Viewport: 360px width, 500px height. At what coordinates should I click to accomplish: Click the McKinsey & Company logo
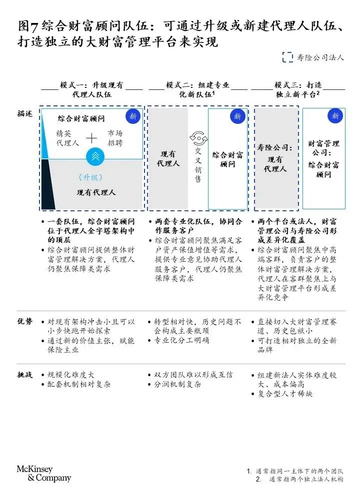coord(44,474)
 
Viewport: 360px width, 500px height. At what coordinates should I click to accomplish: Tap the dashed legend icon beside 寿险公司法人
coord(287,57)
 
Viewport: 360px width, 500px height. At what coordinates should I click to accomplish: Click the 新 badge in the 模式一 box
coord(132,116)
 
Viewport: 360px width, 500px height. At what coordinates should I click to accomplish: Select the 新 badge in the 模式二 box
coord(237,116)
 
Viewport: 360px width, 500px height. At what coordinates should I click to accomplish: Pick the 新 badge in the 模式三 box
coord(335,116)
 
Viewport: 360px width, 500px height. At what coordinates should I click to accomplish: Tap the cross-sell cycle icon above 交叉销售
coord(198,138)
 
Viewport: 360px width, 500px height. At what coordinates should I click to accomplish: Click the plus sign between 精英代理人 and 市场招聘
coord(92,138)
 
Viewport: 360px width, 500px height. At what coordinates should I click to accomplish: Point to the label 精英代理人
coord(68,138)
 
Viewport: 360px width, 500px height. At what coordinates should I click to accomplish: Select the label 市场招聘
coord(114,138)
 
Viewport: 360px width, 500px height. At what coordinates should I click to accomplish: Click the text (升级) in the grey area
coord(90,177)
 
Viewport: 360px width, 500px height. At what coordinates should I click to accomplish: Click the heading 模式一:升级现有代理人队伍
coord(91,89)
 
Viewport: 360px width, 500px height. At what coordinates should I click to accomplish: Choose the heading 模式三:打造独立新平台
coord(298,89)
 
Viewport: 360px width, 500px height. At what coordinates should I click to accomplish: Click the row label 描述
coord(24,114)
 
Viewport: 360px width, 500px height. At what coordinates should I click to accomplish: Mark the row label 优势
coord(24,322)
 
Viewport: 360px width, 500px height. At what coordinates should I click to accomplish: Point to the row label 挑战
coord(24,375)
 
